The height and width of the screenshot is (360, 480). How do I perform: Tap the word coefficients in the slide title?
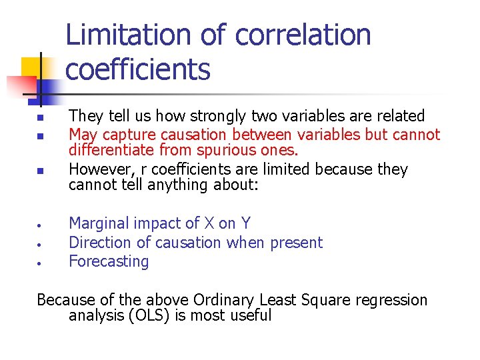point(137,69)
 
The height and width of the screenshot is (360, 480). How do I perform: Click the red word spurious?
point(221,151)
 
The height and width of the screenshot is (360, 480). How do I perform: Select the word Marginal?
point(98,223)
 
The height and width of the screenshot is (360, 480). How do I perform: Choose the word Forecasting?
point(109,261)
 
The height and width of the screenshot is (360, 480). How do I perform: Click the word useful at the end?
point(251,315)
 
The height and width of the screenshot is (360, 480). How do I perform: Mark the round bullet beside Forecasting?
point(40,263)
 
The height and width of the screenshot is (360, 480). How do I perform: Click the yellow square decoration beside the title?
point(33,69)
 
